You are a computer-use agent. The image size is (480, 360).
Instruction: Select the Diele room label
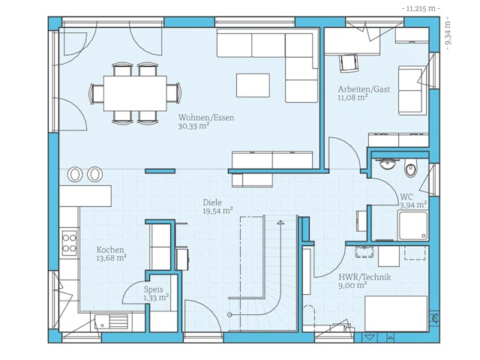(213, 202)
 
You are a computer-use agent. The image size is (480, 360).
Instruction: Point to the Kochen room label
(110, 250)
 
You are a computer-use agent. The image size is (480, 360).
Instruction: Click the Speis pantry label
(154, 289)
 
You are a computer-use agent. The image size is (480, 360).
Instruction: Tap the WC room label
(407, 196)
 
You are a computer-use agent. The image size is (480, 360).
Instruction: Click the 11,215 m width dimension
(421, 8)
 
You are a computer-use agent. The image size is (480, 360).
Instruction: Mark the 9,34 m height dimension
(448, 33)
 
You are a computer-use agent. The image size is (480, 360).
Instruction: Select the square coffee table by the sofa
(253, 85)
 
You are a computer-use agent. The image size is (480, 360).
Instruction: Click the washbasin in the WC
(388, 164)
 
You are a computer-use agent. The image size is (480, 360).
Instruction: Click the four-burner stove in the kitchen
(69, 243)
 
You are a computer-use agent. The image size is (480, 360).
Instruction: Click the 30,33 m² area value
(193, 127)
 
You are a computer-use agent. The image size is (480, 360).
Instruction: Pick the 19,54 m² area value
(217, 211)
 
